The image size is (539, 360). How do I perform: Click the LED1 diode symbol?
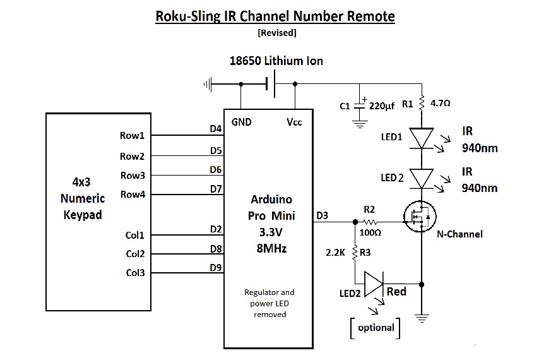(x=421, y=138)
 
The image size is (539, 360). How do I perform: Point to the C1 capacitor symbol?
(x=360, y=105)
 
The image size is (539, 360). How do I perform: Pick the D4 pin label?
(x=215, y=129)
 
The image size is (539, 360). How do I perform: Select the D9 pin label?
(x=215, y=268)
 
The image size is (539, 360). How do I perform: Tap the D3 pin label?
(x=322, y=216)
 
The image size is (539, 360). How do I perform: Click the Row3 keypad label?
(x=133, y=175)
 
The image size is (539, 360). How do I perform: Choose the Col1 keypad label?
(x=134, y=236)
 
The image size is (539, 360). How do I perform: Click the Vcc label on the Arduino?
(x=293, y=122)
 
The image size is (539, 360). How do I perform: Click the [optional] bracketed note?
(x=376, y=327)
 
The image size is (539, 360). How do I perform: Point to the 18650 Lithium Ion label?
(x=276, y=61)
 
